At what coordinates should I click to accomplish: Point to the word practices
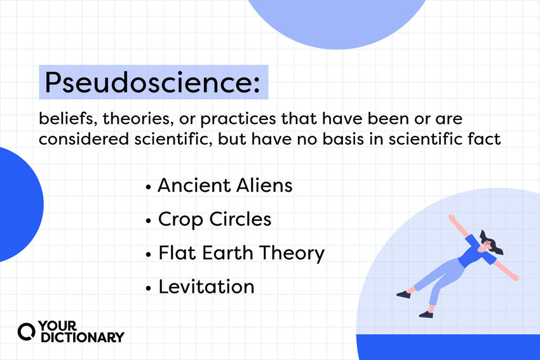tap(238, 119)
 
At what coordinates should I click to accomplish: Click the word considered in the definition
tap(84, 139)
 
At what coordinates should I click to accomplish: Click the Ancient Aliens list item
tap(225, 185)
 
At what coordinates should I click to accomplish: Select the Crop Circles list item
tap(215, 220)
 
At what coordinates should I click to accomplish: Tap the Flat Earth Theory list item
tap(241, 253)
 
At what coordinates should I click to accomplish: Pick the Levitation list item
tap(206, 286)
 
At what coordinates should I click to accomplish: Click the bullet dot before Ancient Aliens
tap(149, 187)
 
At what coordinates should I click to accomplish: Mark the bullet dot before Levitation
tap(149, 288)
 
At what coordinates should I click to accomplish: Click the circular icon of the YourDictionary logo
tap(27, 332)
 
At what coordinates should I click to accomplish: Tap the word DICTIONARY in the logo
tap(83, 337)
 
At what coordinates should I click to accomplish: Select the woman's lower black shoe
tap(426, 314)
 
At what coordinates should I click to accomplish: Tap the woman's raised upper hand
tap(452, 218)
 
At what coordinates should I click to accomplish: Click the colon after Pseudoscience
tap(257, 85)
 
